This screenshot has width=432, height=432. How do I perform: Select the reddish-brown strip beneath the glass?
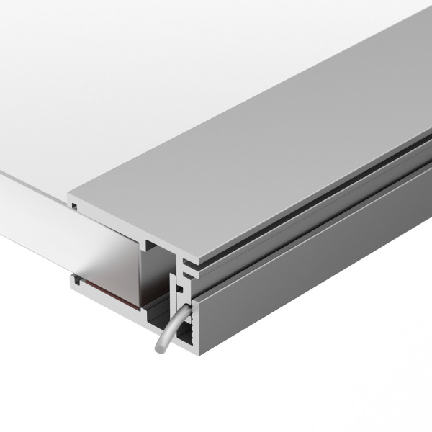coord(108,289)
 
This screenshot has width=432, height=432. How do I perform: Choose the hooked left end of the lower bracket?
coord(75,282)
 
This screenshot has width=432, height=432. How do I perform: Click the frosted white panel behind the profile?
coord(108,94)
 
